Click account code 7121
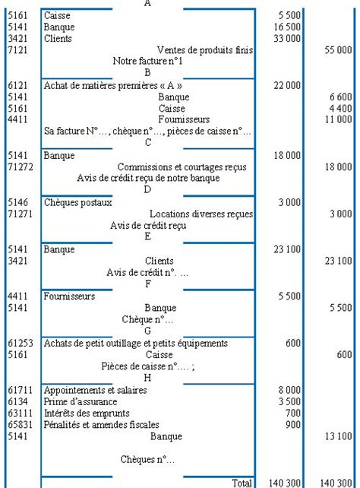tap(18, 49)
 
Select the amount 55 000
tap(337, 49)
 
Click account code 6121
tap(18, 86)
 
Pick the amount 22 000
tap(287, 86)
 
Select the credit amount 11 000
tap(337, 120)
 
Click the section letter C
tap(147, 143)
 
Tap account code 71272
tap(21, 166)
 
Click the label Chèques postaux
tap(78, 203)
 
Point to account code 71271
tap(21, 214)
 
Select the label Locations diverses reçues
tap(201, 214)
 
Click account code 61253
tap(21, 344)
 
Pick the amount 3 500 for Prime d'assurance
tap(289, 401)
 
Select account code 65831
tap(21, 425)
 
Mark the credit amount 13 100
tap(337, 436)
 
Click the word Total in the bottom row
tap(241, 482)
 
